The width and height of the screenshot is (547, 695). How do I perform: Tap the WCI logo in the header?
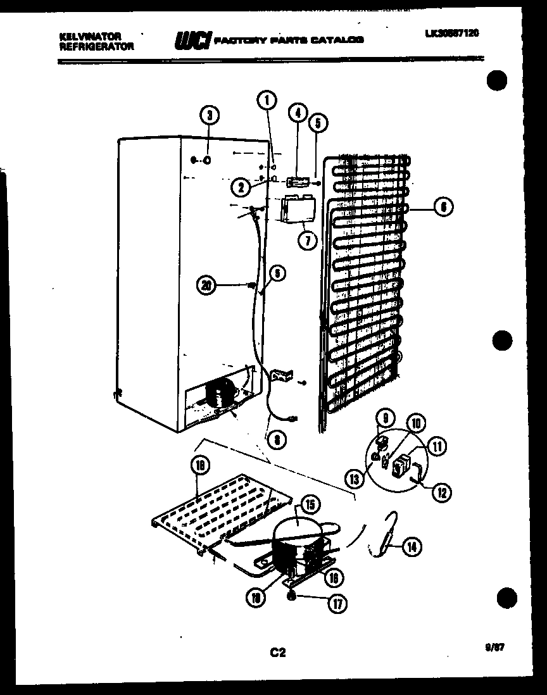pos(191,41)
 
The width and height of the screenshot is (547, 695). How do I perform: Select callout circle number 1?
pos(267,99)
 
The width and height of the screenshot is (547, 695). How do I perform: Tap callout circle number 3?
pos(210,115)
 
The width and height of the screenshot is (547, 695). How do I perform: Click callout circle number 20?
pos(205,285)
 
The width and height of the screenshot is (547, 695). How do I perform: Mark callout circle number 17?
pos(336,604)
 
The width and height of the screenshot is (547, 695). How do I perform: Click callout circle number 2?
pos(239,186)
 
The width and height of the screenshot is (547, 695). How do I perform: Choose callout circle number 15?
pos(310,504)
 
